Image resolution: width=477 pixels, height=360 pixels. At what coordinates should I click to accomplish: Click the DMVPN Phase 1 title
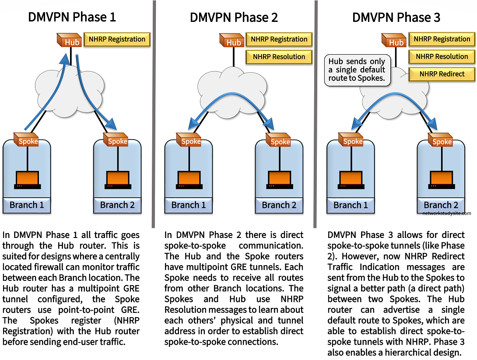pyautogui.click(x=72, y=17)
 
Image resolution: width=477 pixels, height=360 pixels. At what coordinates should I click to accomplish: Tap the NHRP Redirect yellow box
pyautogui.click(x=442, y=74)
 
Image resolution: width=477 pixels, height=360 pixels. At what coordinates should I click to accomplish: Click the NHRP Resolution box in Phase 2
pyautogui.click(x=279, y=56)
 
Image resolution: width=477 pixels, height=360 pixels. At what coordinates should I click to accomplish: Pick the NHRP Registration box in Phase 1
pyautogui.click(x=117, y=39)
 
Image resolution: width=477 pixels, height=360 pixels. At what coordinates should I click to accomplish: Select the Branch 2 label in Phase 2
pyautogui.click(x=279, y=205)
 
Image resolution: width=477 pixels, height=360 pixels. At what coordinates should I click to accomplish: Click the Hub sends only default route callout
pyautogui.click(x=357, y=70)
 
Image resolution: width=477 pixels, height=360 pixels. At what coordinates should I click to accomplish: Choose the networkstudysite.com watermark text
pyautogui.click(x=447, y=213)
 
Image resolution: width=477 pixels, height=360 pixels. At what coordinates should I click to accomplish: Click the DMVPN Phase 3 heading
pyautogui.click(x=396, y=17)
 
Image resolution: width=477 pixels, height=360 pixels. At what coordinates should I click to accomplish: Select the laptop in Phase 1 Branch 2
pyautogui.click(x=117, y=179)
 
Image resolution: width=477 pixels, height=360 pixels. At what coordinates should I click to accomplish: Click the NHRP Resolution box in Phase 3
pyautogui.click(x=442, y=56)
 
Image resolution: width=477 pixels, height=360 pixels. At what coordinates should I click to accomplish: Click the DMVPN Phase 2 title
pyautogui.click(x=234, y=17)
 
